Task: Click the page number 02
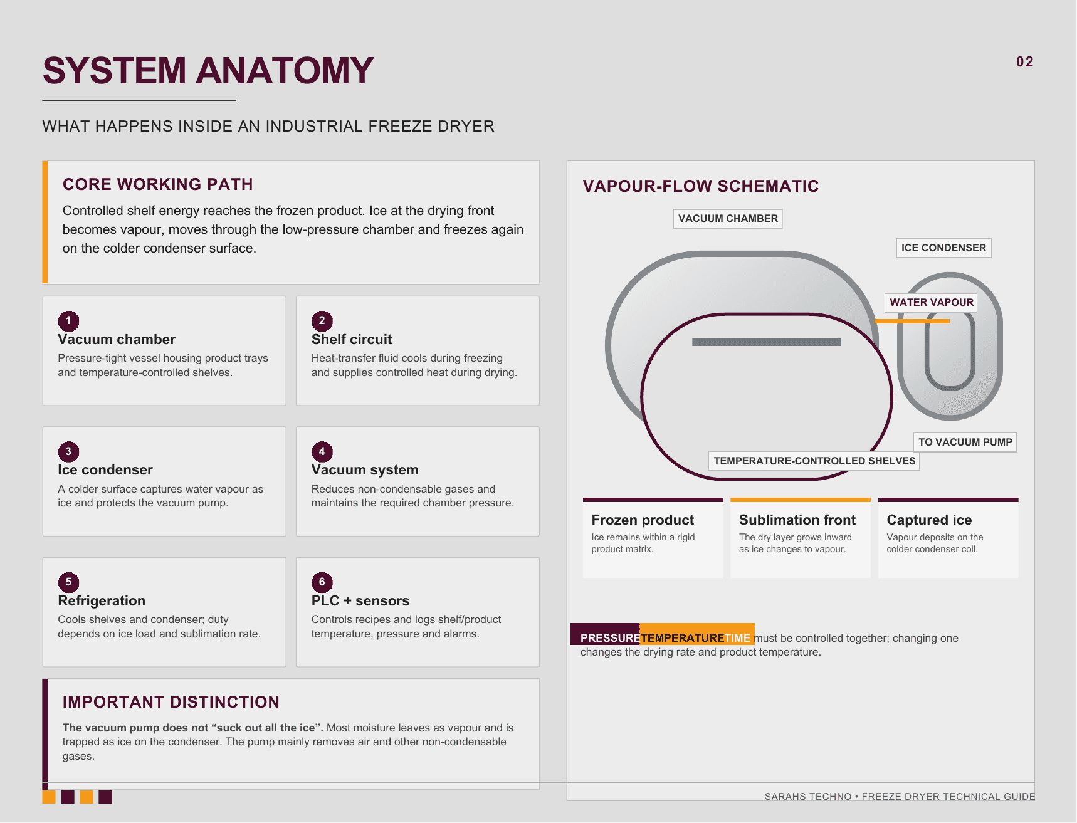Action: click(x=1024, y=62)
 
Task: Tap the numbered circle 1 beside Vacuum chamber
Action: click(x=68, y=321)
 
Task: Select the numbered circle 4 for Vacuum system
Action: click(x=322, y=451)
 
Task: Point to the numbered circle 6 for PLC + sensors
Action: click(x=322, y=582)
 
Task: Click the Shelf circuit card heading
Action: click(x=352, y=340)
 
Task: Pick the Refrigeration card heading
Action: click(x=102, y=601)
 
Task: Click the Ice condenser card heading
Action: click(x=105, y=470)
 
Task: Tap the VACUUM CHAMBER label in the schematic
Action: click(x=728, y=219)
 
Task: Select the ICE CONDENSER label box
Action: click(x=943, y=248)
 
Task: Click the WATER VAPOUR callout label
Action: click(x=932, y=303)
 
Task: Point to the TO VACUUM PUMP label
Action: click(x=965, y=443)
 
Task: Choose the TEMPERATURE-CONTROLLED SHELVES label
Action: click(x=814, y=461)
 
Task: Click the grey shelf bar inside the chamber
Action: click(x=767, y=342)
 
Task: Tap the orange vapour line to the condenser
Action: click(x=912, y=321)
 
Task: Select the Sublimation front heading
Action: click(x=797, y=520)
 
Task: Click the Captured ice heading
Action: click(x=929, y=520)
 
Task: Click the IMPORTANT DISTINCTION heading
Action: click(x=171, y=702)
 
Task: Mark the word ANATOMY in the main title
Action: click(x=285, y=70)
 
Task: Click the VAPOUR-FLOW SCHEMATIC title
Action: click(x=701, y=186)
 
